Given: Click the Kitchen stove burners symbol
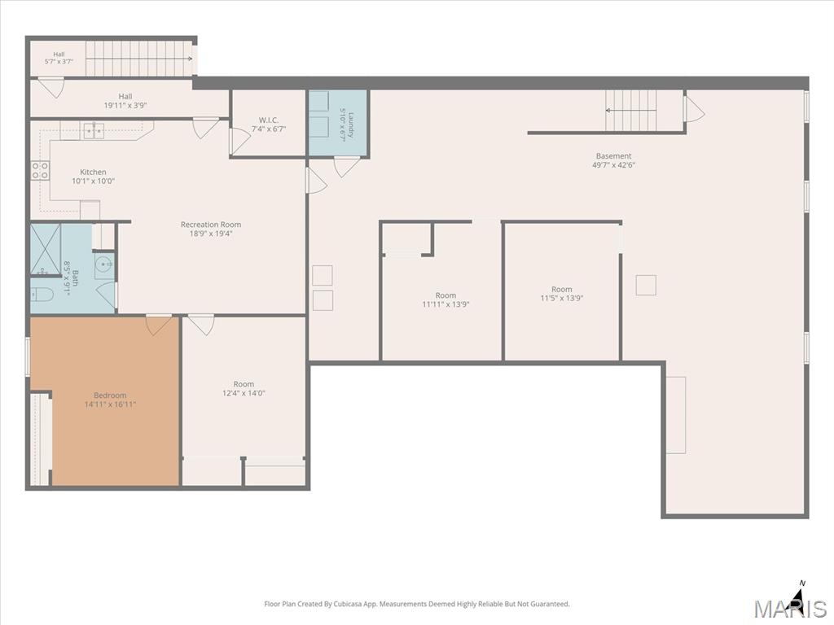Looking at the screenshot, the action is pos(40,171).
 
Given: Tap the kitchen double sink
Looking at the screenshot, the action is pos(94,129).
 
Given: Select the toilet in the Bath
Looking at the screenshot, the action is pos(42,294).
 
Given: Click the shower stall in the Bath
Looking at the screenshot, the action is pos(46,250).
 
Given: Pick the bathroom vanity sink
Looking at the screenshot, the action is pos(105,265).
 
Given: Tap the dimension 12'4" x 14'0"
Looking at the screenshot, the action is pos(244,393).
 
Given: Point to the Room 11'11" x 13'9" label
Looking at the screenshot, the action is pos(446,299).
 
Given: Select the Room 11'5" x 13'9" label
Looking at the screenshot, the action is pos(562,294).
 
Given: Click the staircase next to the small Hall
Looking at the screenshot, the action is pos(138,59).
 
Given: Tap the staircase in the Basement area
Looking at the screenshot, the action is pos(631,111).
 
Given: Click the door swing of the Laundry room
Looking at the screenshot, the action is pos(346,167).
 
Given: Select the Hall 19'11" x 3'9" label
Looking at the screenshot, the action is pos(125,101).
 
